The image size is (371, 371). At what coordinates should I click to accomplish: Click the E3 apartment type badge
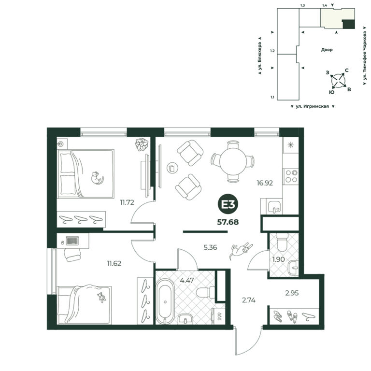(x=228, y=204)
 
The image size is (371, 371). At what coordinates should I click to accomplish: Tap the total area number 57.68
(x=228, y=222)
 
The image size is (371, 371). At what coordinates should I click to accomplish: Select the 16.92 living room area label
(x=265, y=183)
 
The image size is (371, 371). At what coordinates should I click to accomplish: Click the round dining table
(x=233, y=161)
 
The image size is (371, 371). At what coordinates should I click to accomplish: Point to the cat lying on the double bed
(x=97, y=178)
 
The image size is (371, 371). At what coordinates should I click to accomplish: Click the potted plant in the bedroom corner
(x=142, y=144)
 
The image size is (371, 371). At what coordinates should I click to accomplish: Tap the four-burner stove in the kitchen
(x=291, y=176)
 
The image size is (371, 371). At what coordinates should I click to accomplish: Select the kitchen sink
(x=274, y=206)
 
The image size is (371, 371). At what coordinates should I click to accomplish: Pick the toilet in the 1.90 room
(x=282, y=243)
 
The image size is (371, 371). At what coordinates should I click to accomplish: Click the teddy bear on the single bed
(x=102, y=297)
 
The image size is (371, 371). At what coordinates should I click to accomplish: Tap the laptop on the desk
(x=72, y=241)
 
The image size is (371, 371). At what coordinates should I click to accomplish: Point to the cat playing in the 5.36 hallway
(x=241, y=251)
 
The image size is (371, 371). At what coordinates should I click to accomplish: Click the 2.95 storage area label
(x=292, y=293)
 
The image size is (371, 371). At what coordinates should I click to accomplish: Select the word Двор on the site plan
(x=327, y=50)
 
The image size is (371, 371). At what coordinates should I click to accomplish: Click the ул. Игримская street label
(x=313, y=106)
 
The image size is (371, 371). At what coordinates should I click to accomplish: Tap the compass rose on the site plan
(x=338, y=81)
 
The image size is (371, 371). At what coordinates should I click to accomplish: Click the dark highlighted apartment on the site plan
(x=349, y=24)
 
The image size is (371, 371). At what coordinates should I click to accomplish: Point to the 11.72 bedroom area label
(x=127, y=202)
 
